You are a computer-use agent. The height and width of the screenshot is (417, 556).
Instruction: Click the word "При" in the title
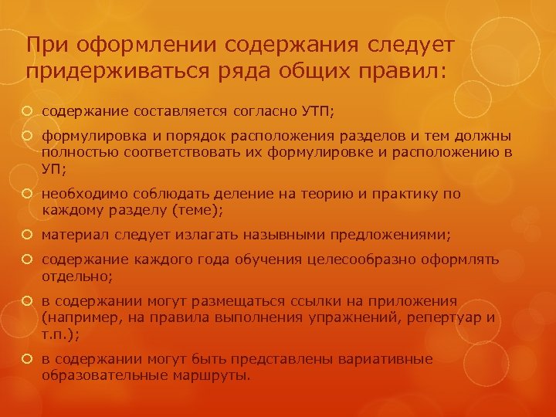tap(45, 44)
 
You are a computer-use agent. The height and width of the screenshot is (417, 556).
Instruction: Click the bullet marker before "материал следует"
tap(30, 233)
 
